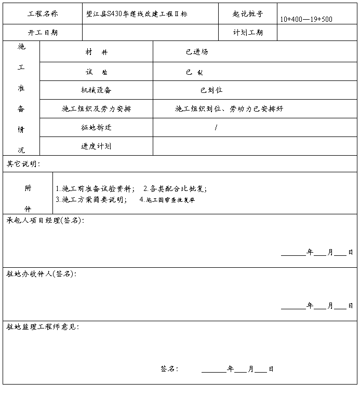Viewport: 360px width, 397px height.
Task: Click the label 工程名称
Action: coord(43,14)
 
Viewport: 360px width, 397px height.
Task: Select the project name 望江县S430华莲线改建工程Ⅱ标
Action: coord(137,14)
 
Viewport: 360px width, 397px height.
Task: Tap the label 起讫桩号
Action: coord(248,14)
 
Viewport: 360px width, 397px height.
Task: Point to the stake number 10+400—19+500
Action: coord(306,19)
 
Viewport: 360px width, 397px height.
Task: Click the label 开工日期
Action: coord(43,32)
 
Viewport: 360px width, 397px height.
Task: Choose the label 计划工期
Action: coord(248,32)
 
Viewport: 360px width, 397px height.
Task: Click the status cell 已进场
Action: coord(197,52)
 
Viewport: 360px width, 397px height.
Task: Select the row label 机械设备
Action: coord(96,90)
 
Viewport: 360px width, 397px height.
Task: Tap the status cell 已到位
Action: coord(211,90)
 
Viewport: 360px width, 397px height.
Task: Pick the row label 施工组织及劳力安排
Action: coord(96,109)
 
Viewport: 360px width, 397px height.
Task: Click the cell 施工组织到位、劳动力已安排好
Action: coord(229,109)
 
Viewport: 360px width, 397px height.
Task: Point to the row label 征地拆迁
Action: coord(96,128)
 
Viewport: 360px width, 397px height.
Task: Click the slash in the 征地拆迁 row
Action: coord(216,128)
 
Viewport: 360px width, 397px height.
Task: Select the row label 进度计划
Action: coord(96,146)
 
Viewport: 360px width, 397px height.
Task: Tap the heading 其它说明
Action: coord(23,164)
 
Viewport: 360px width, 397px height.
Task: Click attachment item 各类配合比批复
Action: coord(175,188)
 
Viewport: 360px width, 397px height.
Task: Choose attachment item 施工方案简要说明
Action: coord(91,199)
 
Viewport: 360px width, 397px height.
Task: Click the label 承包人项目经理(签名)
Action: coord(45,220)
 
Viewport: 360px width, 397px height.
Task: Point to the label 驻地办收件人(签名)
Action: coord(42,273)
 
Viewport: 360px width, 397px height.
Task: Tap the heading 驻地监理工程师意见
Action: coord(43,327)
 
